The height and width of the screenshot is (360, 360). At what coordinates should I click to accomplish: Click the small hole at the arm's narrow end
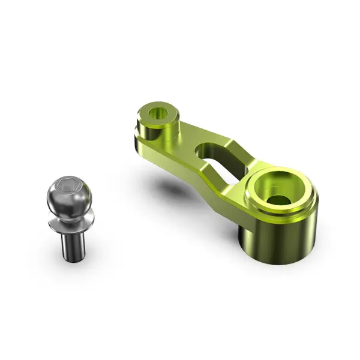coord(160,112)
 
